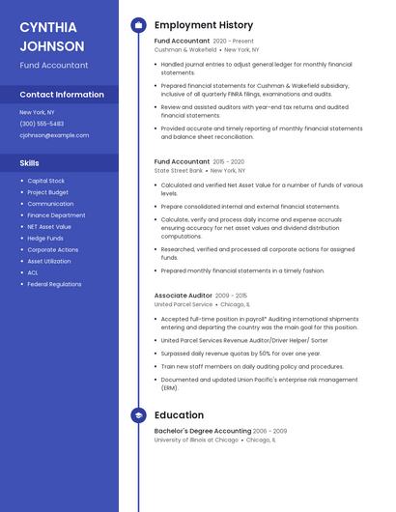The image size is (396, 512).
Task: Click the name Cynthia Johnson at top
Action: (x=52, y=36)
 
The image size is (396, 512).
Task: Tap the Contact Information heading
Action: (x=62, y=95)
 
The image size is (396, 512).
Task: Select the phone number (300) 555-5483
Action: (x=42, y=124)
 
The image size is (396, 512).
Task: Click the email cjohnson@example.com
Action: (x=54, y=135)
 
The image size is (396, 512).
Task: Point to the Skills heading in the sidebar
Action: (x=30, y=163)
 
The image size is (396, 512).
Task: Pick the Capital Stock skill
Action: (x=46, y=181)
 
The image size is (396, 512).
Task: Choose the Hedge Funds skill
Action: (x=45, y=238)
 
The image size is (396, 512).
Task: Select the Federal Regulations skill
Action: (x=54, y=284)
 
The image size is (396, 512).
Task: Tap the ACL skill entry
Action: (x=33, y=272)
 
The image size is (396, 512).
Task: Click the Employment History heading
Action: (x=204, y=25)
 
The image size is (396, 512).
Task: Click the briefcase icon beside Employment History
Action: (x=138, y=25)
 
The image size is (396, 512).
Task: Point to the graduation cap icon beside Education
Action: (x=138, y=415)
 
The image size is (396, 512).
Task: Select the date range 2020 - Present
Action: (x=234, y=42)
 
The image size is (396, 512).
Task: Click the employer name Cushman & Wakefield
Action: (x=185, y=49)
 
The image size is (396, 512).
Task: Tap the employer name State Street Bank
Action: (x=179, y=170)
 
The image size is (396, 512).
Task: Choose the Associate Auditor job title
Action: (x=183, y=295)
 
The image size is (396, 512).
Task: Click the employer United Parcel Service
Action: (x=184, y=304)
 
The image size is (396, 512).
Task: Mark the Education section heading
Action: (x=179, y=415)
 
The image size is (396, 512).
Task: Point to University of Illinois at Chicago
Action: (x=196, y=440)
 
